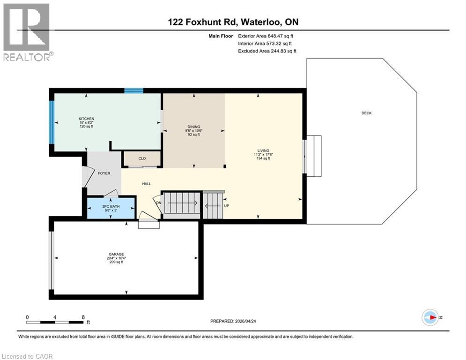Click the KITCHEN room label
pyautogui.click(x=87, y=119)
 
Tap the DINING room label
pyautogui.click(x=194, y=127)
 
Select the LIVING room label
pyautogui.click(x=263, y=150)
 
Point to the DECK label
pyautogui.click(x=366, y=113)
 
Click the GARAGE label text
pyautogui.click(x=116, y=255)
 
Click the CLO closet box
pyautogui.click(x=142, y=158)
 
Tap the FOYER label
pyautogui.click(x=104, y=173)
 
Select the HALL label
pyautogui.click(x=146, y=184)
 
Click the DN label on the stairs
pyautogui.click(x=158, y=203)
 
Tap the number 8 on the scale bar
pyautogui.click(x=83, y=317)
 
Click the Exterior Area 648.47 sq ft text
pyautogui.click(x=266, y=36)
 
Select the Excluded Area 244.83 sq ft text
pyautogui.click(x=267, y=51)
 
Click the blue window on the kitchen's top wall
pyautogui.click(x=133, y=90)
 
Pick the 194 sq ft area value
pyautogui.click(x=263, y=158)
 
